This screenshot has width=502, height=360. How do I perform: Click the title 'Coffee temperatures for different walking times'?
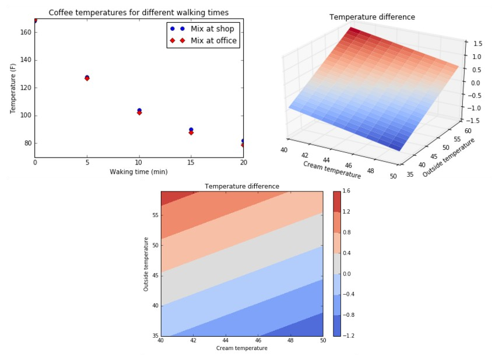tap(139, 12)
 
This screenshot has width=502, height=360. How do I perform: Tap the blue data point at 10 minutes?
tap(139, 110)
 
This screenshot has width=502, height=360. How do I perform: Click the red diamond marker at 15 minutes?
tap(191, 132)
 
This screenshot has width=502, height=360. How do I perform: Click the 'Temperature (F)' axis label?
tap(13, 88)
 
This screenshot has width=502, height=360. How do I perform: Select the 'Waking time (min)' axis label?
tap(139, 172)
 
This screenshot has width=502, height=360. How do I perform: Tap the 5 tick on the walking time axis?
tap(87, 162)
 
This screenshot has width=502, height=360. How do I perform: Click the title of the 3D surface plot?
tap(372, 18)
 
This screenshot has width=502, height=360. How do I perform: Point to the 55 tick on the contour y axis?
tap(155, 215)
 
